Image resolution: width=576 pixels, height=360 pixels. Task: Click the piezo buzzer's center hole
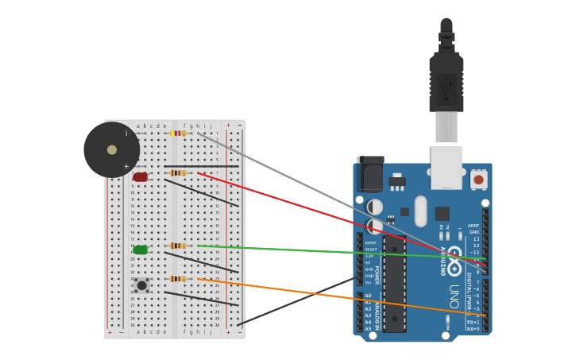[x=112, y=149]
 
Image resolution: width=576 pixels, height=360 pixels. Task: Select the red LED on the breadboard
[x=141, y=177]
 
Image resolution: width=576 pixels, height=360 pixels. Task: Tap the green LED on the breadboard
[x=141, y=250]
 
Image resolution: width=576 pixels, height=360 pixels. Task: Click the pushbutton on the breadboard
[x=141, y=285]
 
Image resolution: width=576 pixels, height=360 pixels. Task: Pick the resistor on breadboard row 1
[x=178, y=134]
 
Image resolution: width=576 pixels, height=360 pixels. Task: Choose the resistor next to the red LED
[x=178, y=172]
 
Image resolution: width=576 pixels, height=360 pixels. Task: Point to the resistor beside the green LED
[x=178, y=246]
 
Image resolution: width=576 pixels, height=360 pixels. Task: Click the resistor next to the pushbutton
[x=178, y=279]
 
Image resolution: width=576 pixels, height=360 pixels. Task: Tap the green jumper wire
[x=334, y=252]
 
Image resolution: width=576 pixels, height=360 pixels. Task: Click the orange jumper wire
[x=334, y=296]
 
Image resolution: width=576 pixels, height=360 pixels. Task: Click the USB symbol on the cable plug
[x=446, y=87]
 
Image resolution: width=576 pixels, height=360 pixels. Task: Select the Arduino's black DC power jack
[x=370, y=175]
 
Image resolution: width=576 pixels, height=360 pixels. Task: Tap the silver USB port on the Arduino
[x=446, y=166]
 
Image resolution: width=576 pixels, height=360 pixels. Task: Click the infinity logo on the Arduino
[x=454, y=260]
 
